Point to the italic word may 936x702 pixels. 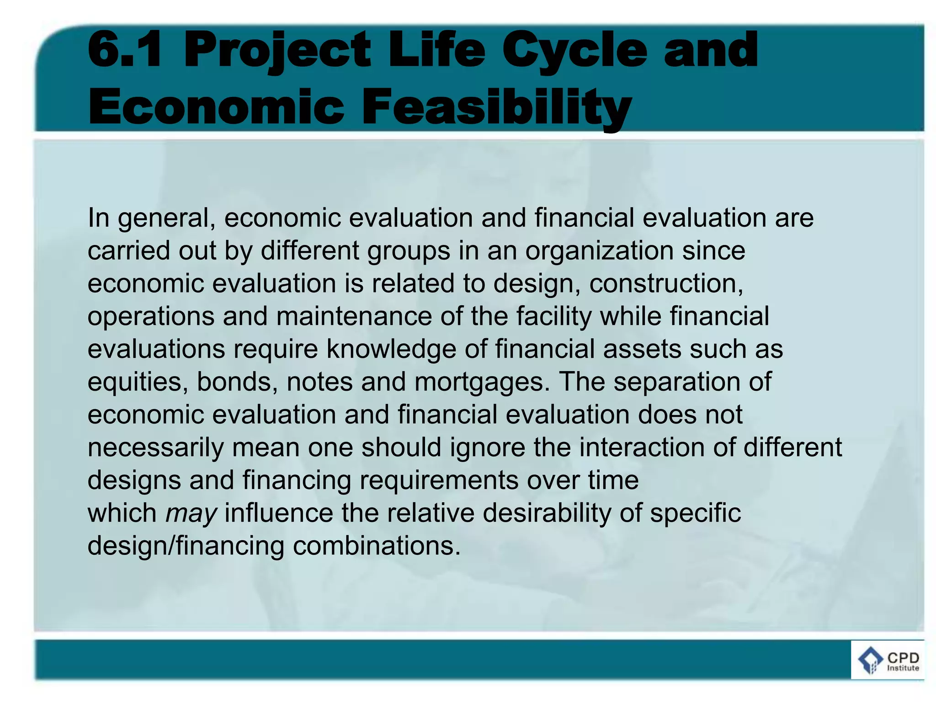click(x=191, y=513)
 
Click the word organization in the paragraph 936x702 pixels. click(x=599, y=251)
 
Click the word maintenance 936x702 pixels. click(x=354, y=317)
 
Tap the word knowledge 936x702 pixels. click(x=391, y=350)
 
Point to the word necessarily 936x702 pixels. click(x=155, y=447)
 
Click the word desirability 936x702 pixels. click(x=547, y=513)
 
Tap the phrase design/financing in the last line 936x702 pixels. click(x=186, y=546)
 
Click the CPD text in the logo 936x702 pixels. click(x=903, y=657)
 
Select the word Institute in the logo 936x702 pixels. click(x=903, y=668)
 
